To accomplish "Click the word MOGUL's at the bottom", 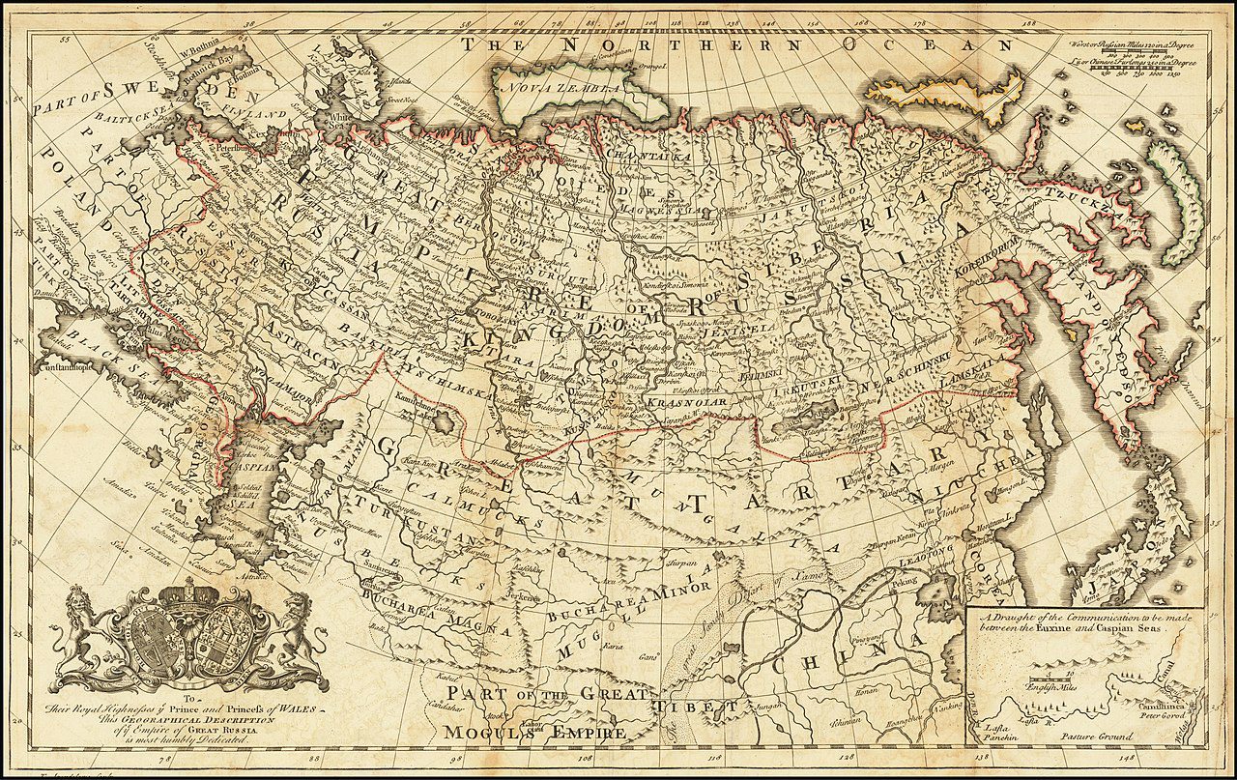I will click(x=483, y=732).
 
